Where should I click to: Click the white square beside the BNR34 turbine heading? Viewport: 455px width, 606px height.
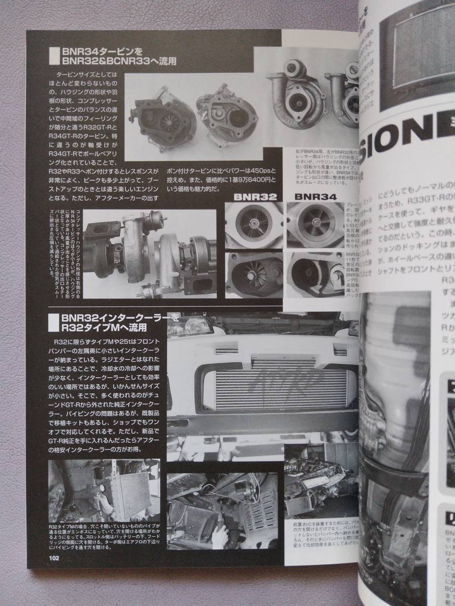(x=54, y=56)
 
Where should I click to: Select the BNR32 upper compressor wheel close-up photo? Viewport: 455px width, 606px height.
(x=254, y=225)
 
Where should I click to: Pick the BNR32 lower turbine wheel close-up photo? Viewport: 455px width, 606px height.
(x=254, y=275)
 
